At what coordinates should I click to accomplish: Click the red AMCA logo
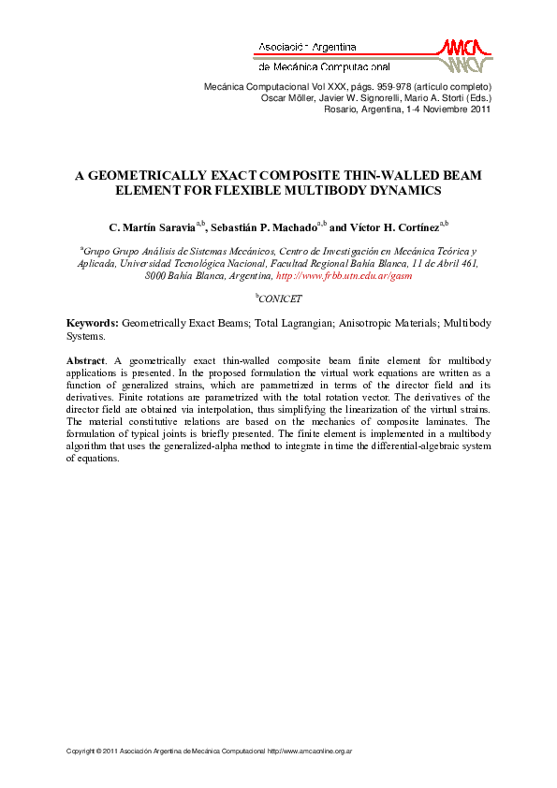[461, 55]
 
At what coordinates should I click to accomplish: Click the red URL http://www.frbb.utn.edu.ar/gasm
[344, 276]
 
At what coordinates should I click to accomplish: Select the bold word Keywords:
[92, 323]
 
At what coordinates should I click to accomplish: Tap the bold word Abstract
[86, 360]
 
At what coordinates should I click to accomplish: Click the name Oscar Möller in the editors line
[285, 97]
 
